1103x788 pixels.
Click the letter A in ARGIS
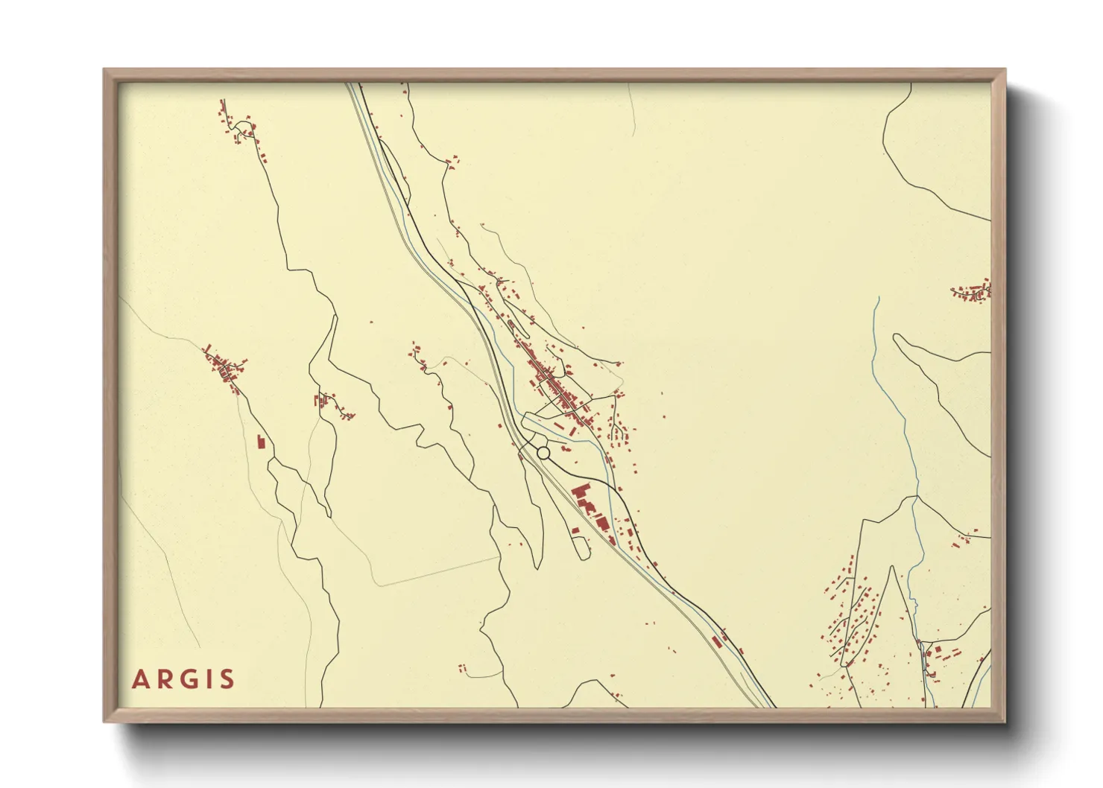[140, 679]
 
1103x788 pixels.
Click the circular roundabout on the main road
[543, 452]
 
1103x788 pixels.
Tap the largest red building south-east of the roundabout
[581, 494]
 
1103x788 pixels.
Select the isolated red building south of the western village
[260, 442]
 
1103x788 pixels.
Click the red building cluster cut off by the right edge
[973, 290]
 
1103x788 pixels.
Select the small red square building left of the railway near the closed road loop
[575, 530]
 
